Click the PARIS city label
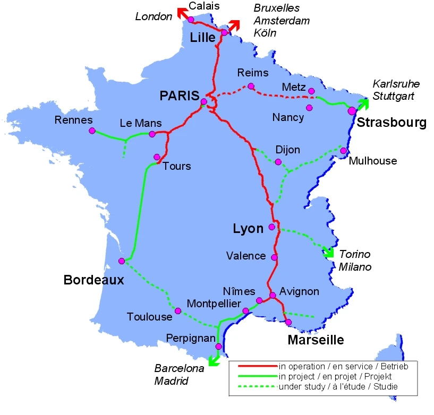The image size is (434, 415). tap(179, 96)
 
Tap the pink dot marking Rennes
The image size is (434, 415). tap(92, 131)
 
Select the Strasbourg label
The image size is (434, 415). tap(392, 123)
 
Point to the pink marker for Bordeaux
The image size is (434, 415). tap(122, 261)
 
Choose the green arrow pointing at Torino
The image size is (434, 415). tap(328, 250)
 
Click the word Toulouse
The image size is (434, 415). tap(149, 317)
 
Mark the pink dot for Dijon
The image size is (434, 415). tap(278, 161)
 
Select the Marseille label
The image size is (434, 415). tap(316, 340)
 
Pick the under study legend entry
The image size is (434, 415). tap(338, 386)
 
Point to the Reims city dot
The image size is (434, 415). tap(251, 87)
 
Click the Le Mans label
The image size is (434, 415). tap(141, 123)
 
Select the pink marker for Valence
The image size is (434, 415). tap(274, 257)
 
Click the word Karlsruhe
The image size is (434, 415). tap(396, 84)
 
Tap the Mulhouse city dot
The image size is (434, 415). tap(344, 151)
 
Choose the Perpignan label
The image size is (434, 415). tap(191, 338)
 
